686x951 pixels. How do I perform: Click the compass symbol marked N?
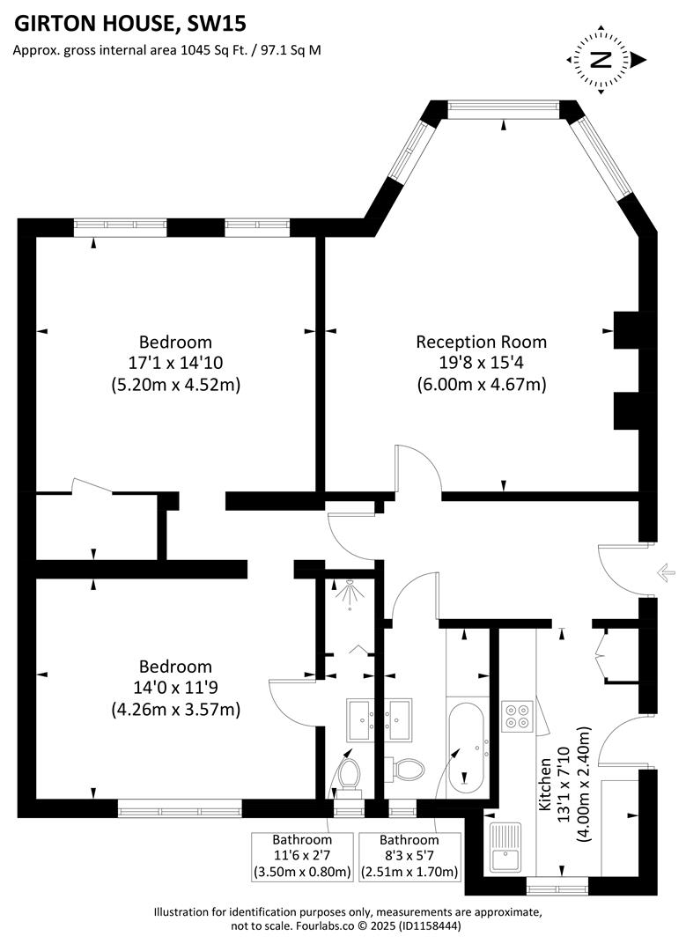coord(602,60)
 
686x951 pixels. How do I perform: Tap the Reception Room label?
coord(481,342)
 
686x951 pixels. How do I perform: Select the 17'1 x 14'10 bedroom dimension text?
coord(176,363)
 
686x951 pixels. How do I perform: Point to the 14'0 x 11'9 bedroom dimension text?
coord(176,688)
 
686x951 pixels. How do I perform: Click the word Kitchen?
coord(547,785)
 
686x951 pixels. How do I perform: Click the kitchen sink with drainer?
coord(505,847)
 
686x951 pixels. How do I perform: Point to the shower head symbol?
coord(350,595)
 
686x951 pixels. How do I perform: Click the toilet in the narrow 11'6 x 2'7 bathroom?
coord(349,775)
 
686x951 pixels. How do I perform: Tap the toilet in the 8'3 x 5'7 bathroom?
coord(406,770)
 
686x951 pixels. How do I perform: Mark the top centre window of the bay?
coord(503,109)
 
